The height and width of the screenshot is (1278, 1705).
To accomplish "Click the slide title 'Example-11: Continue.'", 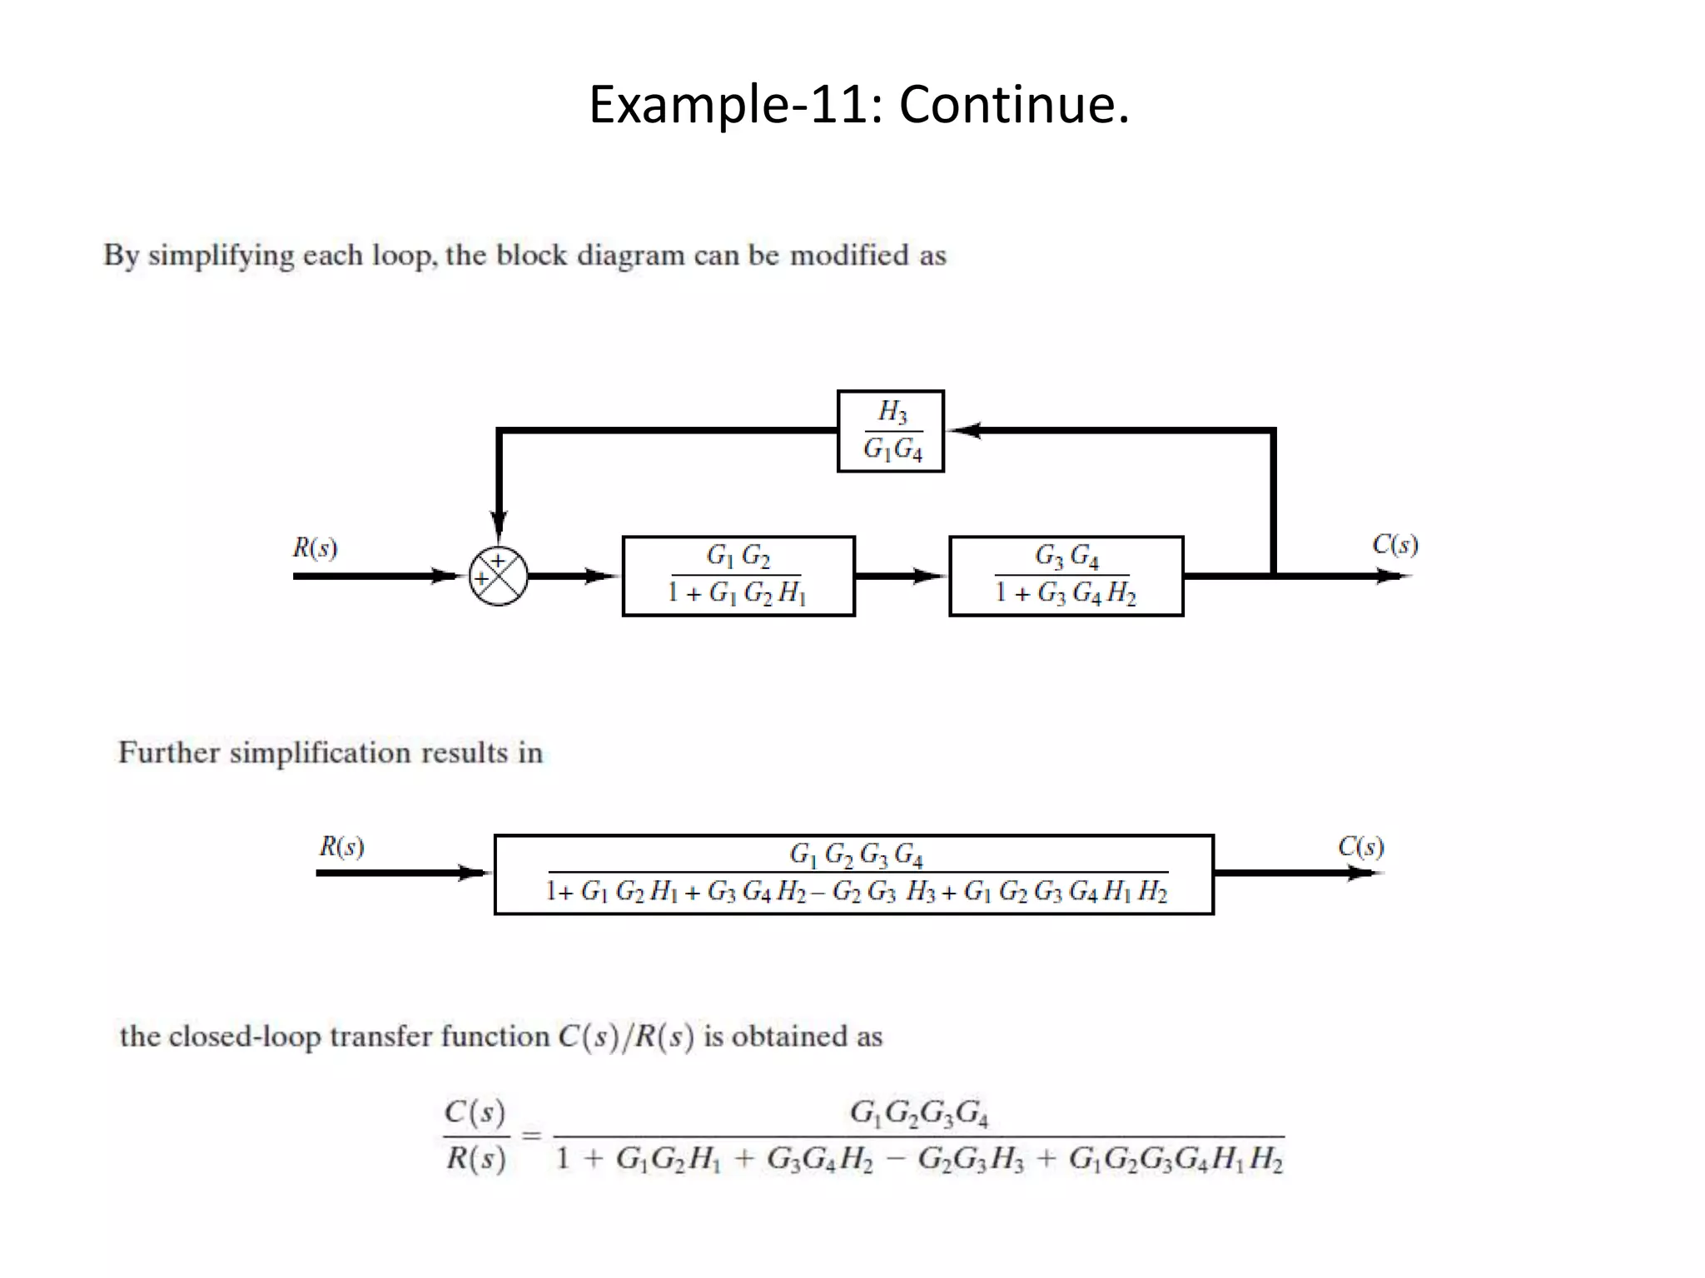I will pos(858,105).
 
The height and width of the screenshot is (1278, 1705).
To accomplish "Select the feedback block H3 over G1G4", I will pos(890,431).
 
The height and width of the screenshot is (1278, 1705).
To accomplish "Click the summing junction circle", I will pos(498,576).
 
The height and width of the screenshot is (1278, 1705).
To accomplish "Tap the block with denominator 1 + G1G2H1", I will pos(738,576).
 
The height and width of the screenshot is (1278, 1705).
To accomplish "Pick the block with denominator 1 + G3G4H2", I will pos(1066,576).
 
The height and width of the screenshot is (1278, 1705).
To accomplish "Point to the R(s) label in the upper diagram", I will pos(315,547).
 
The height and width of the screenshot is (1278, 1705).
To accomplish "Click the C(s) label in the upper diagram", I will pos(1394,544).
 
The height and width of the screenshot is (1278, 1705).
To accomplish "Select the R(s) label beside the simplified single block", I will pos(341,846).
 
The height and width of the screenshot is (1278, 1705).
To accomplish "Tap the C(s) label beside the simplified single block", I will pos(1360,846).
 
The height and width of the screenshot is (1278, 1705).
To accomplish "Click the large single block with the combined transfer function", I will pos(853,874).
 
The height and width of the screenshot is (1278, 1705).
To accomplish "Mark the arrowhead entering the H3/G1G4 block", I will pos(964,430).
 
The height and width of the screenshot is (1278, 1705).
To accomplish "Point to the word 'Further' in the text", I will pos(168,752).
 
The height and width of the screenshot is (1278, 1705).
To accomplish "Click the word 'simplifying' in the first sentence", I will pos(221,255).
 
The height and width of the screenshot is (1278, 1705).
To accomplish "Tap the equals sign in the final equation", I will pos(531,1135).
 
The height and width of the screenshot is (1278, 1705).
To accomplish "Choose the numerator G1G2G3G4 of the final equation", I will pos(918,1112).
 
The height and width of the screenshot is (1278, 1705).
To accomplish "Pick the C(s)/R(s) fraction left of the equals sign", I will pos(475,1135).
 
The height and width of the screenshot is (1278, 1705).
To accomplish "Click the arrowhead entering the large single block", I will pos(475,873).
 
